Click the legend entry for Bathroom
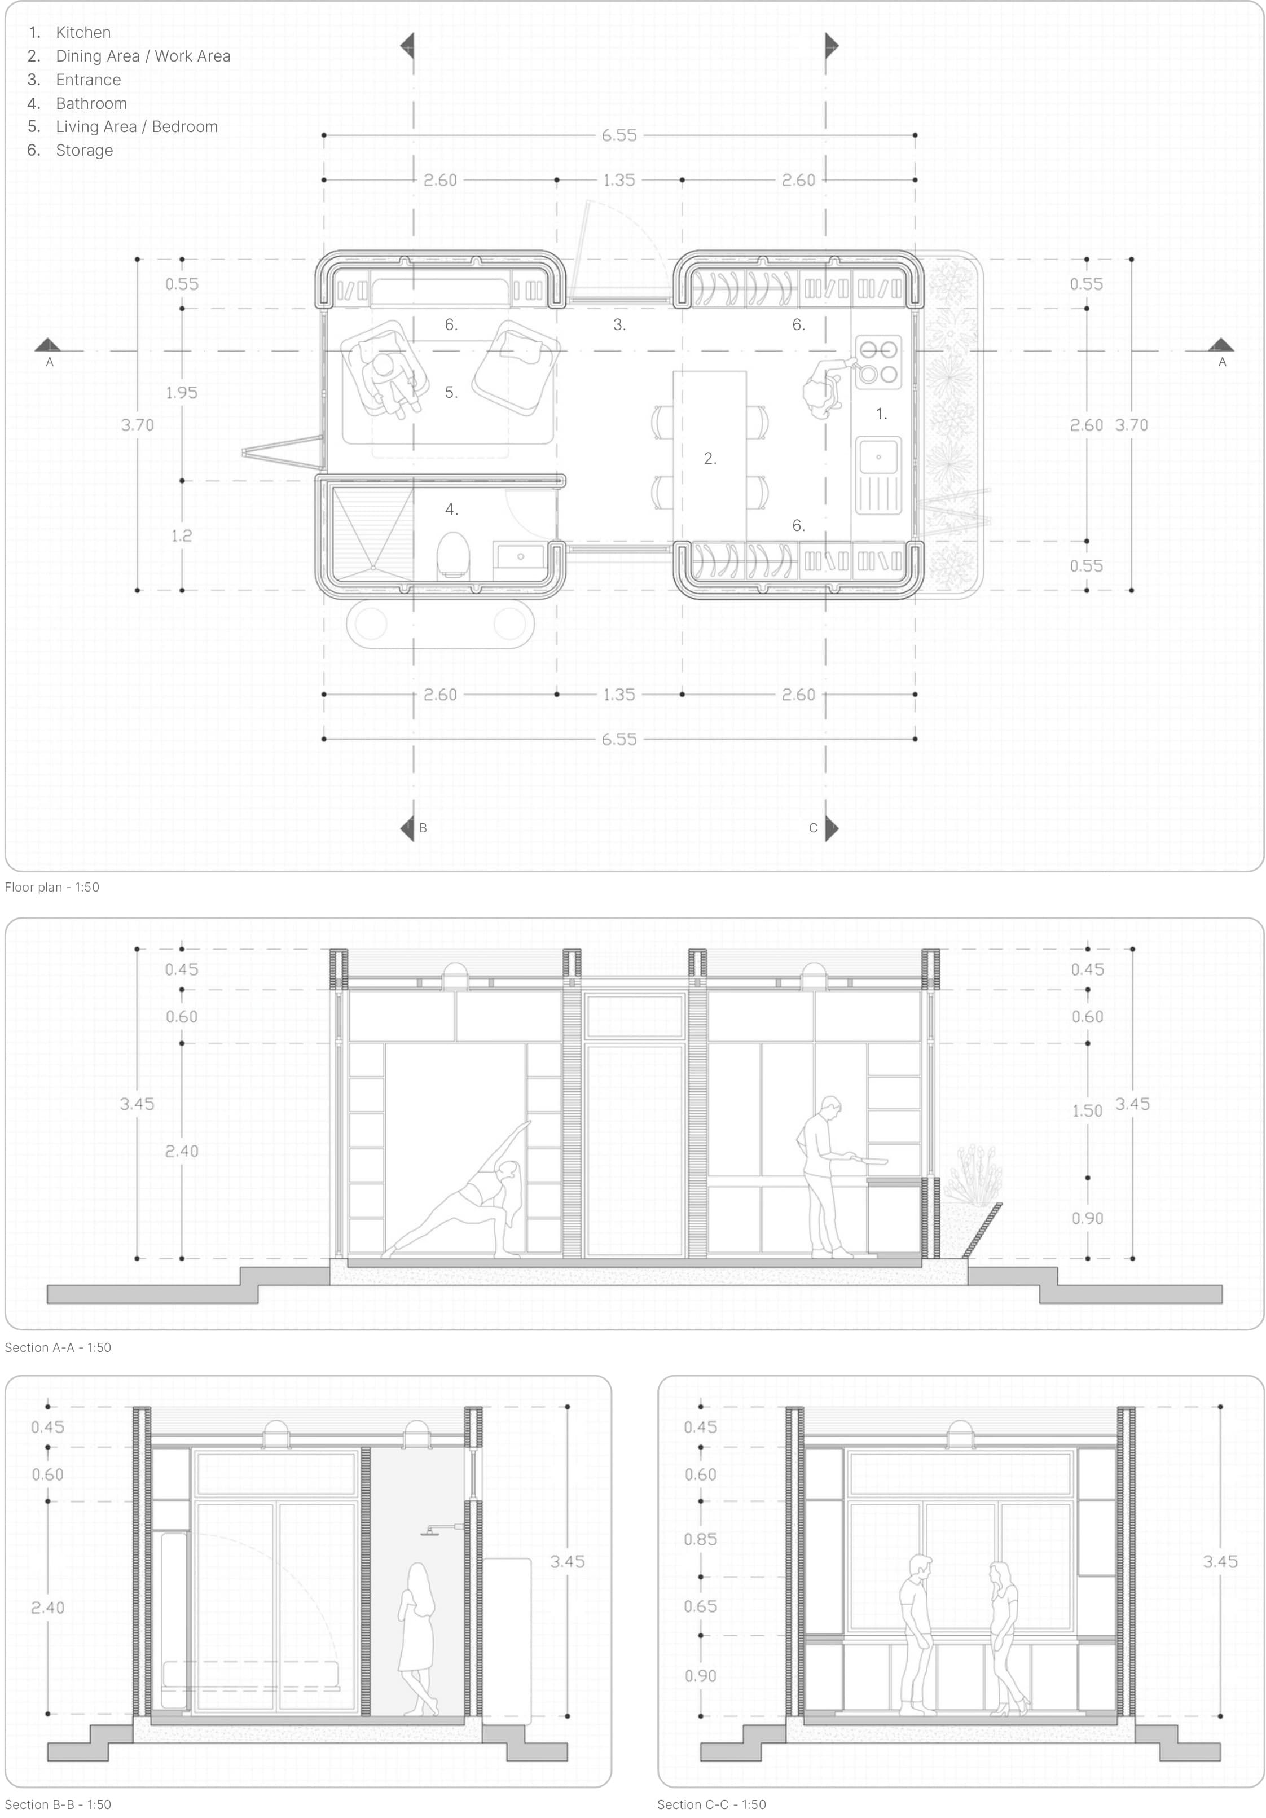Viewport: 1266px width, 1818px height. [90, 103]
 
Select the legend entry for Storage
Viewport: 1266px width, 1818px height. [84, 151]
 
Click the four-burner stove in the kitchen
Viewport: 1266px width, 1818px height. [878, 361]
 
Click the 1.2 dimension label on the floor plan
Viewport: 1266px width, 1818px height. [181, 536]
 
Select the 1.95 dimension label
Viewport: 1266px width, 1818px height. [181, 393]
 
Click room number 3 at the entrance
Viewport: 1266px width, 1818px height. [619, 324]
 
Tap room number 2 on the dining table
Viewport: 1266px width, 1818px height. [709, 459]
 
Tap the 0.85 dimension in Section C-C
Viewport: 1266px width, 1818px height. [700, 1539]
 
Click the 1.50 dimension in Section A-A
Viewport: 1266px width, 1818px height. [1086, 1111]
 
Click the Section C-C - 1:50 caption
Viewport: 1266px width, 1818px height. [711, 1804]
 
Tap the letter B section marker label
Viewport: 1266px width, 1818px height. [423, 828]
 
